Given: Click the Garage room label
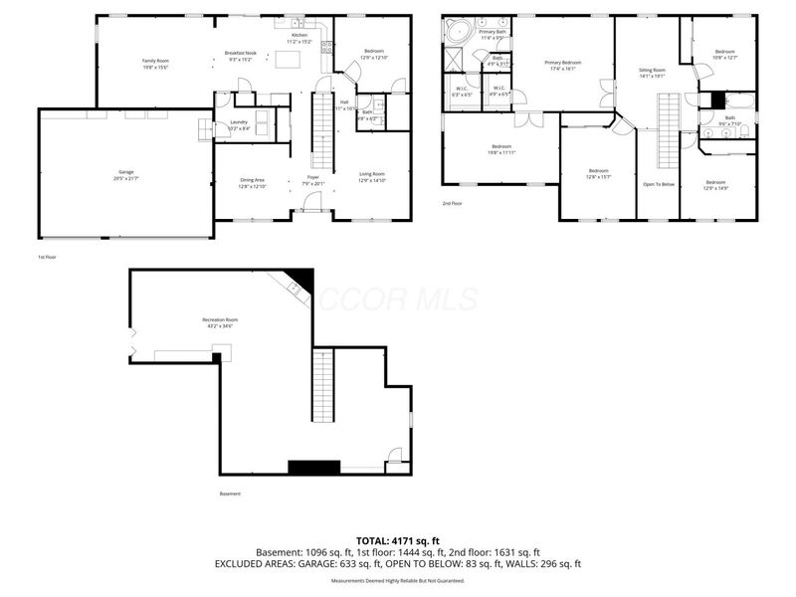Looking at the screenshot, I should [x=125, y=174].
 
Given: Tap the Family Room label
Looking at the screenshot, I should [x=155, y=63].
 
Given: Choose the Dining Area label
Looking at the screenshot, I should [x=252, y=182].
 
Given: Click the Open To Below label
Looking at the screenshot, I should [x=658, y=185].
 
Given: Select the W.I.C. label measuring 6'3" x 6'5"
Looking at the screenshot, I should [x=463, y=91].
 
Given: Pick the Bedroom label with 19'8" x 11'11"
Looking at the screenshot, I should [x=499, y=149].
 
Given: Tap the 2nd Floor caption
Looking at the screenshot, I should [x=453, y=203].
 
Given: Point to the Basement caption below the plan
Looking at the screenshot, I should [x=230, y=494].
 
